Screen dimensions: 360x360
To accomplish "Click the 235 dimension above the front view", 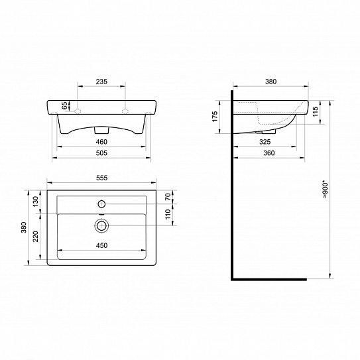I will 101,82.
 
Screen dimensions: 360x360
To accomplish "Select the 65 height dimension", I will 64,105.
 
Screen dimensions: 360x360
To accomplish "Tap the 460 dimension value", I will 101,142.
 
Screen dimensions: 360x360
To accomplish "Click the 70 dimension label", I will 168,196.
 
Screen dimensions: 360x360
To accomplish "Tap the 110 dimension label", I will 168,213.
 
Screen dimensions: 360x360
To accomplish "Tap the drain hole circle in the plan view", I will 101,225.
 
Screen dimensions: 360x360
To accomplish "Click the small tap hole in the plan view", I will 101,203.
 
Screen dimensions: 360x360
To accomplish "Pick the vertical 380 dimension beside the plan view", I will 25,229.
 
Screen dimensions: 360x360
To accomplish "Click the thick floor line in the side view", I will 269,278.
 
